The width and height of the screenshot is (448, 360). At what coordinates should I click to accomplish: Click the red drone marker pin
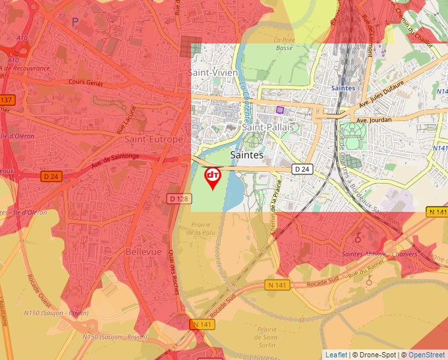[x=212, y=177]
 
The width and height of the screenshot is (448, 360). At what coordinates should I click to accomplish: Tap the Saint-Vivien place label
[x=213, y=72]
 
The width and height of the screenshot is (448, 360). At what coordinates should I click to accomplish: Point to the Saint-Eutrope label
[x=154, y=140]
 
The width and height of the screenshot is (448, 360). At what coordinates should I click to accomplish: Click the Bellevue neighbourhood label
[x=144, y=252]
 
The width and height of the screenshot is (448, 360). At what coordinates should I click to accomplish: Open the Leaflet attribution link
[x=336, y=355]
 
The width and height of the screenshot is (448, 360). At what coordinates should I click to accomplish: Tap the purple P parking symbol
[x=75, y=22]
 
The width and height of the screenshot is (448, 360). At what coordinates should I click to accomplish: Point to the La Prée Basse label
[x=285, y=43]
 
